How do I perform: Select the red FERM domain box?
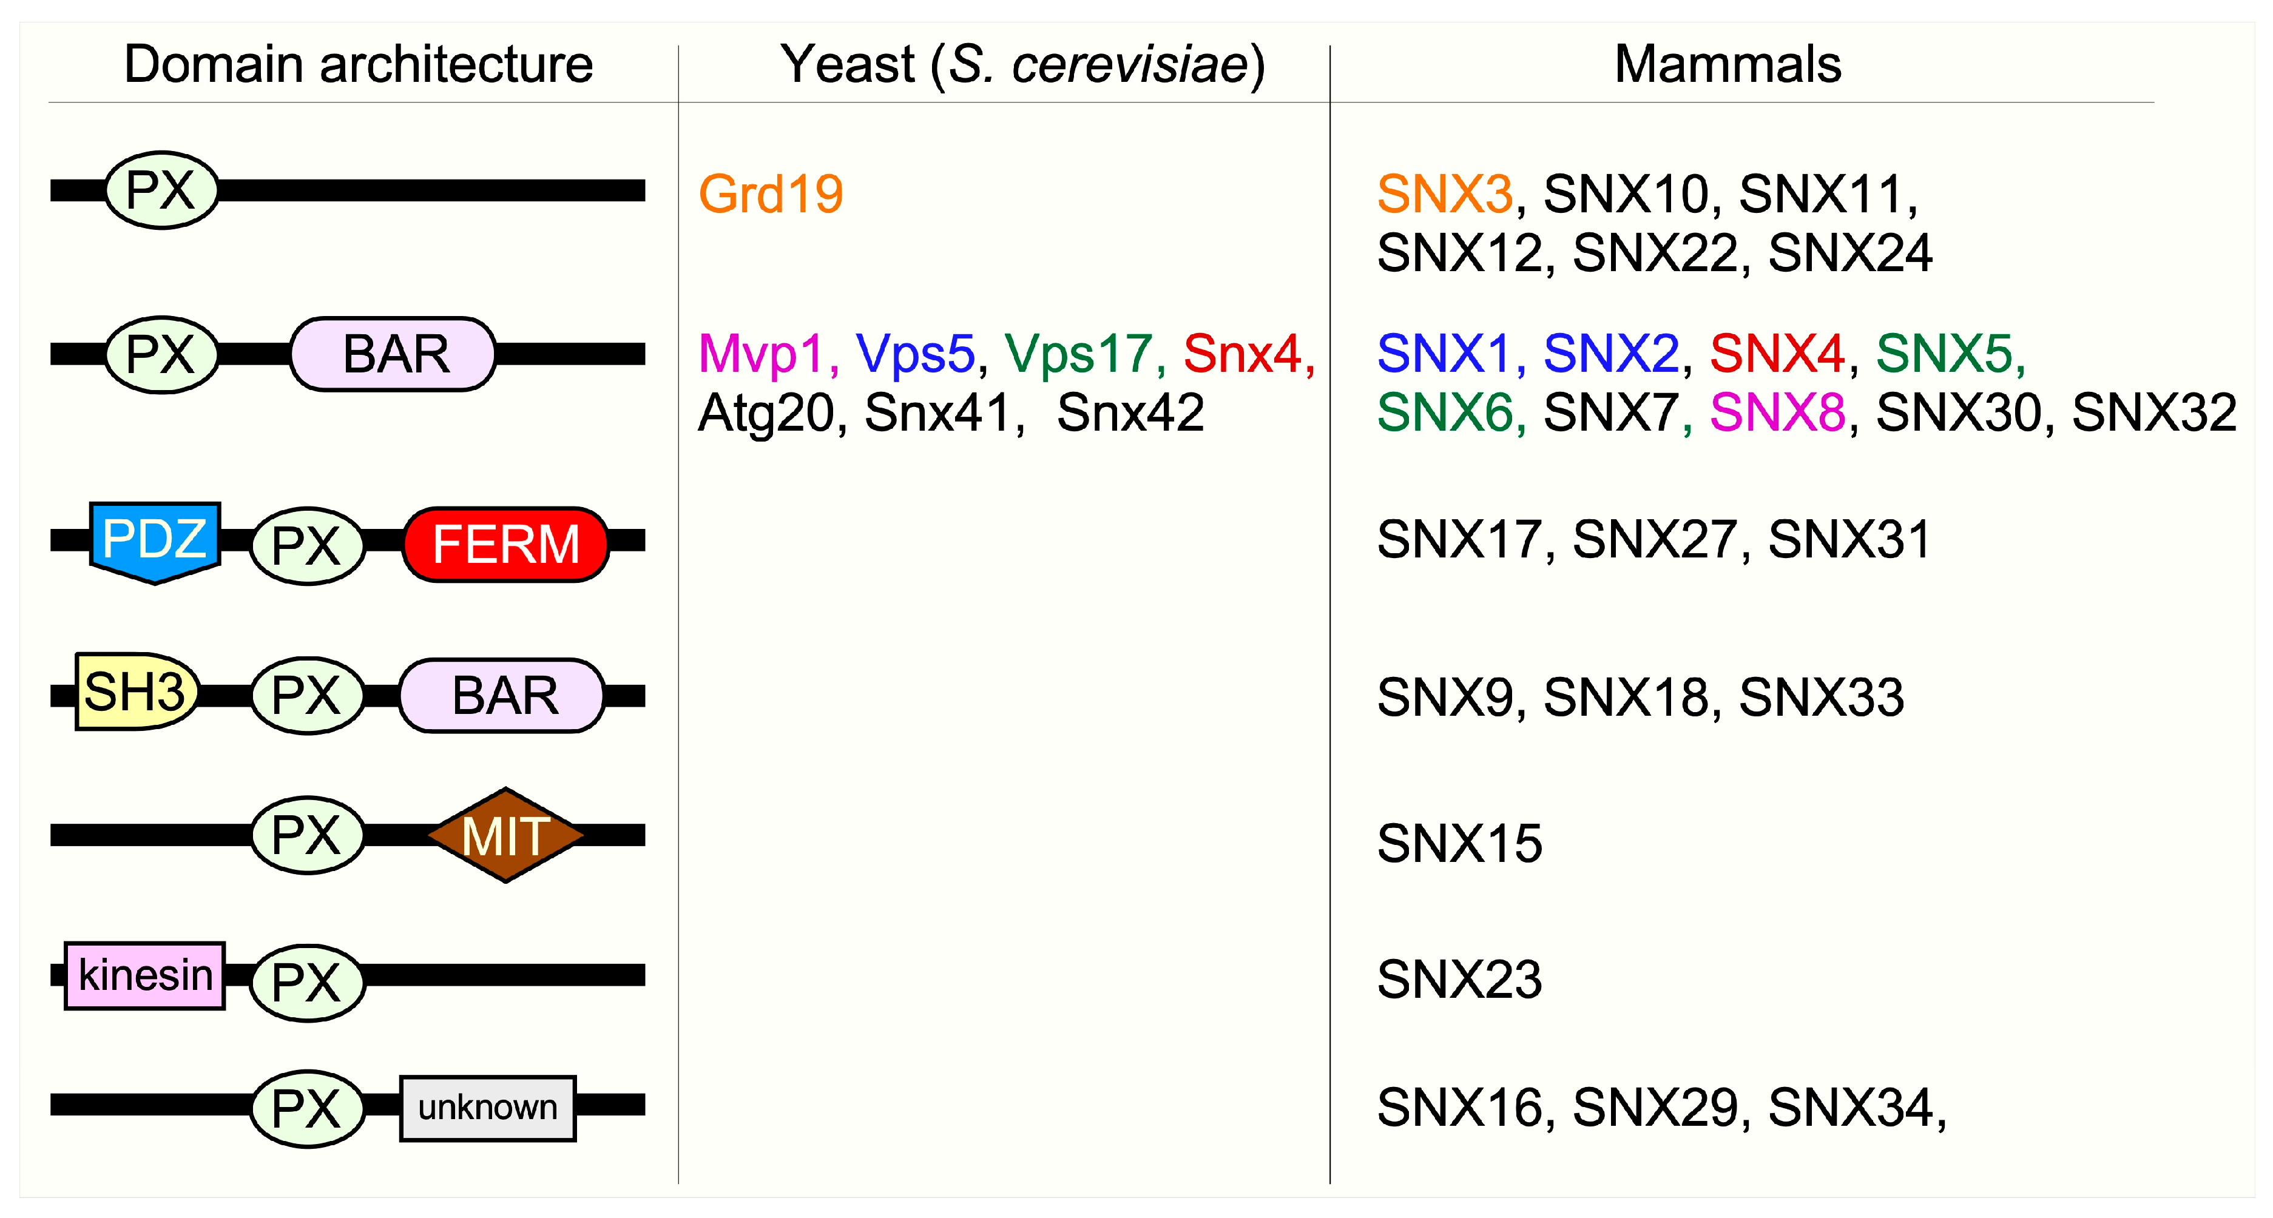click(x=505, y=544)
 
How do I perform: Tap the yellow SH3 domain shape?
click(x=135, y=692)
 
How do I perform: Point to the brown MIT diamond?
click(x=505, y=835)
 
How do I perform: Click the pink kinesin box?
click(x=144, y=975)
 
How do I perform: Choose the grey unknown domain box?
click(x=488, y=1108)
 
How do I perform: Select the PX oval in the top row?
click(x=161, y=190)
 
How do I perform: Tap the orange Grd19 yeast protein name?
click(x=771, y=194)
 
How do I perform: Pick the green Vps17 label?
click(x=1078, y=354)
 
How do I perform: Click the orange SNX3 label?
click(x=1445, y=194)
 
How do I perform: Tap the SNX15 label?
click(x=1459, y=844)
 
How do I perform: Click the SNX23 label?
click(x=1459, y=980)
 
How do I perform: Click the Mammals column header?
click(x=1728, y=64)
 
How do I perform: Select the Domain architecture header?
click(x=358, y=64)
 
